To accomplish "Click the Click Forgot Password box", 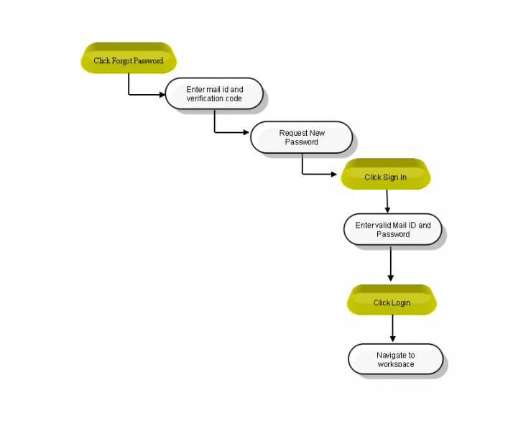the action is coord(129,58).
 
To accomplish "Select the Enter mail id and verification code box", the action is coord(214,94).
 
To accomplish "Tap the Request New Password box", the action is coord(301,137).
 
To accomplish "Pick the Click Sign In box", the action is coord(386,174).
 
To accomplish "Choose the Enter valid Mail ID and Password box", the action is coord(393,229).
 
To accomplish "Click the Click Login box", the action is coord(392,300).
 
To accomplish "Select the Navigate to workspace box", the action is coord(395,359).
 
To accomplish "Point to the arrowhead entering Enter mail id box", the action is coord(162,95).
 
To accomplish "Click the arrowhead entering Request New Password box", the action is coord(246,132).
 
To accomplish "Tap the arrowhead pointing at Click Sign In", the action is coord(334,175).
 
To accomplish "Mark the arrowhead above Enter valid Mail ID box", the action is coord(388,210).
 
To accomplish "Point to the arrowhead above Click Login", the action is coord(390,278).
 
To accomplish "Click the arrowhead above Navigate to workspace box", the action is coord(393,338).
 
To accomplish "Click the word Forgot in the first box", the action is coord(124,61).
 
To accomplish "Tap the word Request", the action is coord(293,133).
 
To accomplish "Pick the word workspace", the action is coord(396,364).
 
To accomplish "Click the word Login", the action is coord(401,303).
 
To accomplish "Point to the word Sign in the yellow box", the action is coord(390,177).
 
